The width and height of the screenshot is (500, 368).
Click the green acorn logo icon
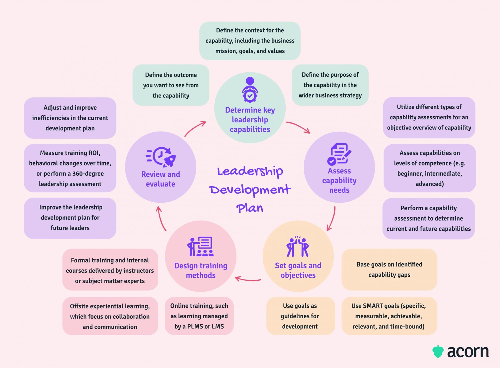coord(438,351)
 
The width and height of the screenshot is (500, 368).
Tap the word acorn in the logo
coord(468,352)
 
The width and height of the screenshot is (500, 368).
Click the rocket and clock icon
coord(161,157)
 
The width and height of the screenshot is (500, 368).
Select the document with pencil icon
coord(339,154)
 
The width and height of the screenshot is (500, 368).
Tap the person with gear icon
coord(250,90)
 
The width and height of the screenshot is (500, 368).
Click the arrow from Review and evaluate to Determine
coord(195,128)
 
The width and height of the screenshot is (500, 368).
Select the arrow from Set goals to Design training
coord(248,279)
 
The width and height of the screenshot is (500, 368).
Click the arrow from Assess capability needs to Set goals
coord(331,218)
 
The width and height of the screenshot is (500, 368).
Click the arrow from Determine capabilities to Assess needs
coord(298,127)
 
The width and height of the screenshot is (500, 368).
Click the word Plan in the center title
coord(250,208)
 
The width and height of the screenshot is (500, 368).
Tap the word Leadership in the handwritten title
coord(250,171)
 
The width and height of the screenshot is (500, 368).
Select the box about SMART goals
coord(389,316)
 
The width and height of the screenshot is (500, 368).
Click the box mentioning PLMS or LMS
coord(199,316)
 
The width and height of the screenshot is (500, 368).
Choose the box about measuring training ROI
coord(70,168)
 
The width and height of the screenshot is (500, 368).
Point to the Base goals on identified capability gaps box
coord(389,269)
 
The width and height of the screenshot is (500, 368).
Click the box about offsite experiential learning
coord(110,316)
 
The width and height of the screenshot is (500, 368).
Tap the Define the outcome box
coord(171,85)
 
